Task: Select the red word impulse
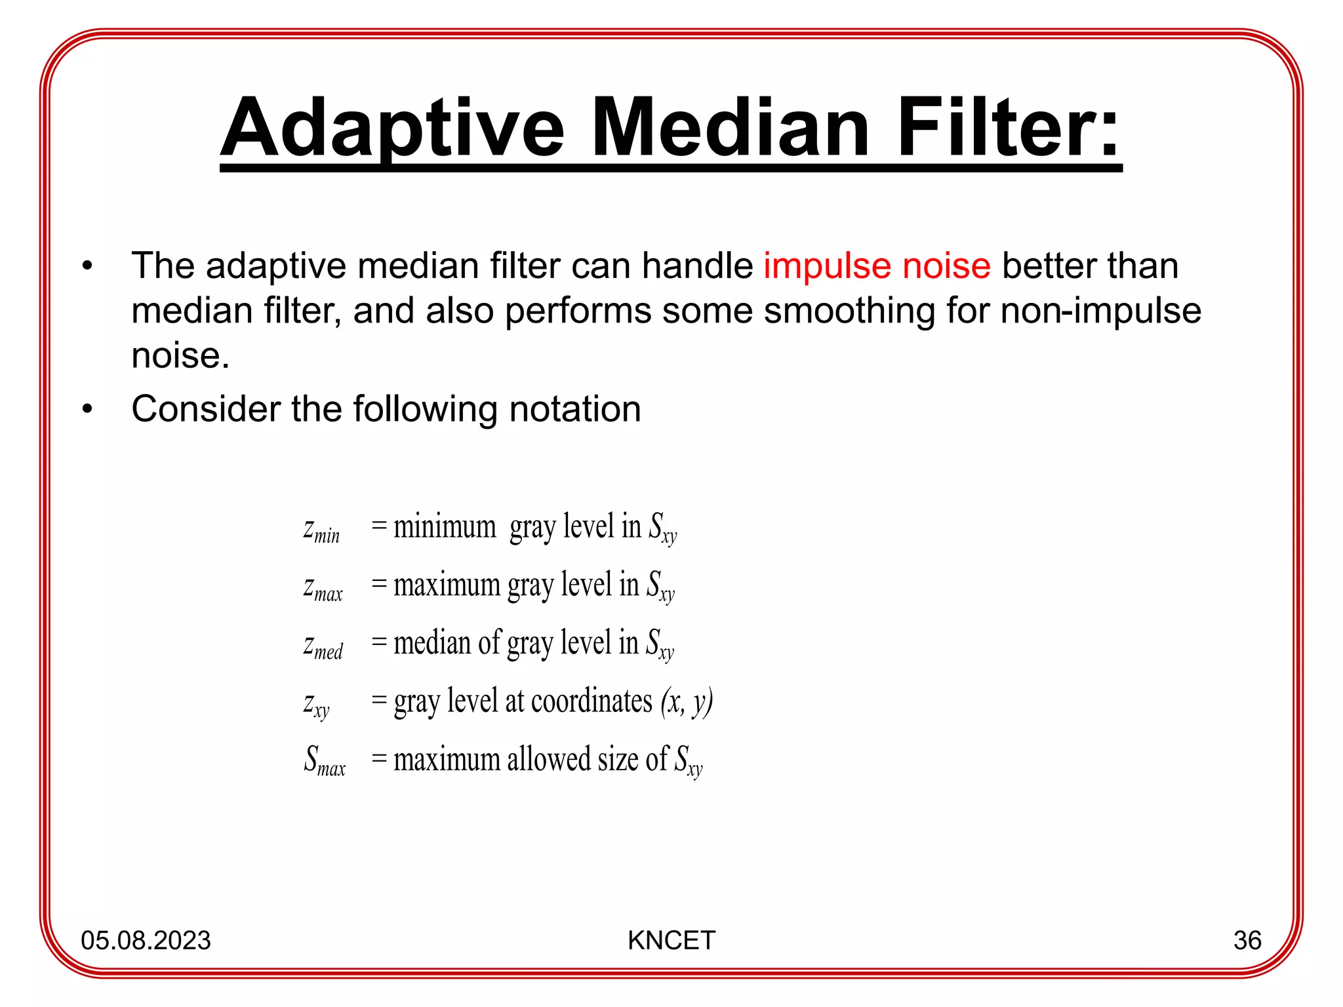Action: click(x=827, y=266)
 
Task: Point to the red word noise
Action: click(x=946, y=266)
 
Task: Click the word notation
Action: click(x=574, y=409)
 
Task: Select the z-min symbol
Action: click(x=321, y=528)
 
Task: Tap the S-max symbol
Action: click(x=325, y=760)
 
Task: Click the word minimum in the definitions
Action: click(x=445, y=526)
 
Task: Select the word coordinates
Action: click(x=591, y=701)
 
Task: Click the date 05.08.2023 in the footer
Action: click(x=146, y=940)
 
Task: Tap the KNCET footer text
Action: click(x=671, y=940)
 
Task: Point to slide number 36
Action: click(x=1247, y=940)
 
